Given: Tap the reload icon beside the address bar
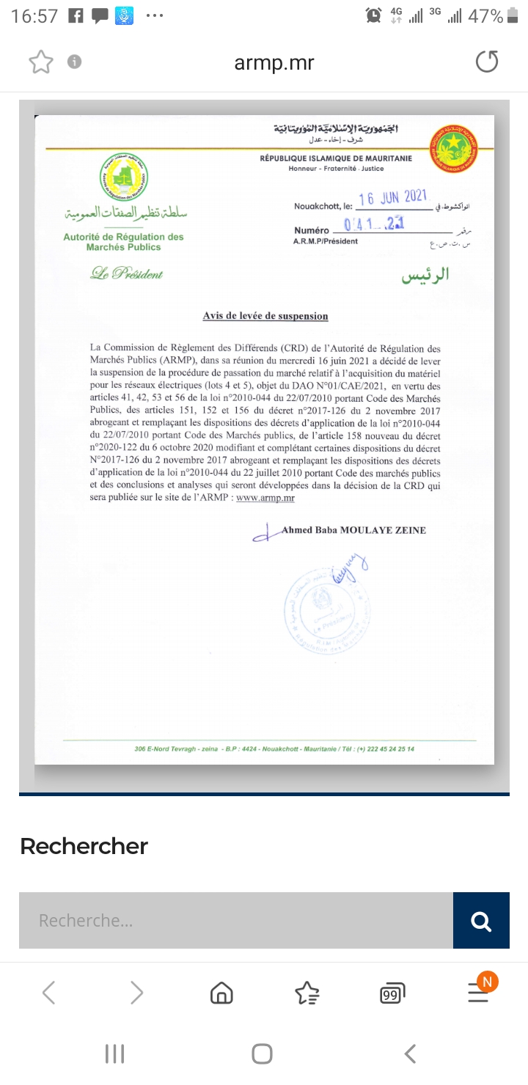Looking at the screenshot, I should click(487, 62).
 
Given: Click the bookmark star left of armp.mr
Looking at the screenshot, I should click(41, 62).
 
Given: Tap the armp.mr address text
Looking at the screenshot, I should click(274, 63).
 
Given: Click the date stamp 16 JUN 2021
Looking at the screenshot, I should click(393, 197).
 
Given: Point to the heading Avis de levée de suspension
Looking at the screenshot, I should click(265, 316).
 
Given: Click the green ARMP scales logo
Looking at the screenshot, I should click(124, 176).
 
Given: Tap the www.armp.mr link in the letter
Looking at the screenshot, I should click(260, 498).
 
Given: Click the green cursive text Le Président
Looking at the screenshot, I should click(127, 274).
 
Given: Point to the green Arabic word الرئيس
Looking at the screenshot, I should click(425, 276).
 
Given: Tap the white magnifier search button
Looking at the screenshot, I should click(481, 921).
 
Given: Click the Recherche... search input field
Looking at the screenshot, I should click(235, 921).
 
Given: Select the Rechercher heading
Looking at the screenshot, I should click(84, 846).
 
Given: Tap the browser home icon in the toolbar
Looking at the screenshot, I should click(221, 993).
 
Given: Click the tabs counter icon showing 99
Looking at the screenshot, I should click(392, 993).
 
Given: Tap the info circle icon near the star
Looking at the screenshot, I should click(74, 62).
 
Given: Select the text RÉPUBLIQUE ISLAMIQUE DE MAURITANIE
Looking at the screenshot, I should click(335, 158).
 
